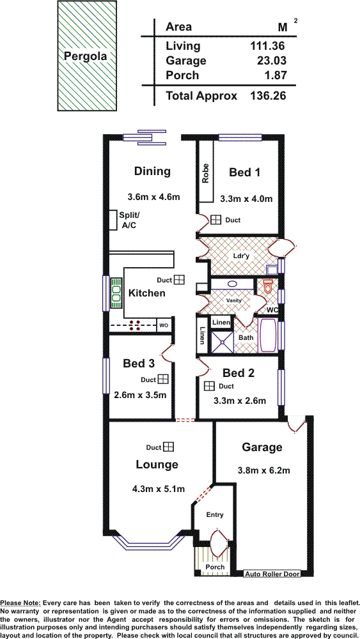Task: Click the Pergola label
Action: click(x=85, y=57)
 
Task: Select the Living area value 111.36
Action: click(x=267, y=46)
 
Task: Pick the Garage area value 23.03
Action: click(x=271, y=61)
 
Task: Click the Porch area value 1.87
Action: click(x=274, y=75)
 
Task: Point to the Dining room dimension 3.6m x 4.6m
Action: click(x=153, y=197)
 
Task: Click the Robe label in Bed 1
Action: click(x=205, y=174)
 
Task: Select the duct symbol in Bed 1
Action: click(x=215, y=220)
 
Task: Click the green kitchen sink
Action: click(x=116, y=293)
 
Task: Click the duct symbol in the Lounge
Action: click(x=169, y=447)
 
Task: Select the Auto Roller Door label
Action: click(x=272, y=574)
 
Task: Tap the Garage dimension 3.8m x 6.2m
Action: click(x=264, y=471)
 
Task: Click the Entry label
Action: click(x=215, y=514)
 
